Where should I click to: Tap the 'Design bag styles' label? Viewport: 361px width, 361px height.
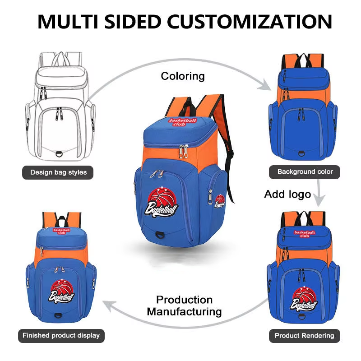click(x=58, y=172)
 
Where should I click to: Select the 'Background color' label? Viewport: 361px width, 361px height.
click(x=305, y=171)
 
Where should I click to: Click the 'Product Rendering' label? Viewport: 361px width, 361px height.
click(x=305, y=335)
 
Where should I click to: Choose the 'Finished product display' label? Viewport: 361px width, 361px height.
click(x=61, y=335)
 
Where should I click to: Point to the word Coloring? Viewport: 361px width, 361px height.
click(x=183, y=76)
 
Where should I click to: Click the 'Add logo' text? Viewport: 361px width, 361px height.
click(x=287, y=194)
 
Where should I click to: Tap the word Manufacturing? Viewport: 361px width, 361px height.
click(x=184, y=311)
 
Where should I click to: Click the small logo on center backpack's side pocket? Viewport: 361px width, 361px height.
click(x=220, y=201)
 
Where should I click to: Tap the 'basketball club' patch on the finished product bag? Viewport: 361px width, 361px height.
click(x=62, y=231)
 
